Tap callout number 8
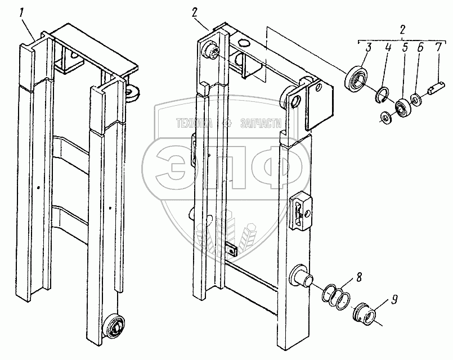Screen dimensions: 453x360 (359, 278)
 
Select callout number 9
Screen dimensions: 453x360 (393, 299)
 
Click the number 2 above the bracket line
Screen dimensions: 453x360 (402, 30)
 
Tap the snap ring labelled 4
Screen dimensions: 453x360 (382, 95)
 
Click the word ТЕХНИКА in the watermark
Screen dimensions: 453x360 (194, 124)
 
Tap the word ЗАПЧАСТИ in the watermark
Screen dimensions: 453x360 (261, 124)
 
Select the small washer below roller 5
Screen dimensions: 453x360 (385, 116)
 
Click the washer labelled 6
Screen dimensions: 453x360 (416, 100)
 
